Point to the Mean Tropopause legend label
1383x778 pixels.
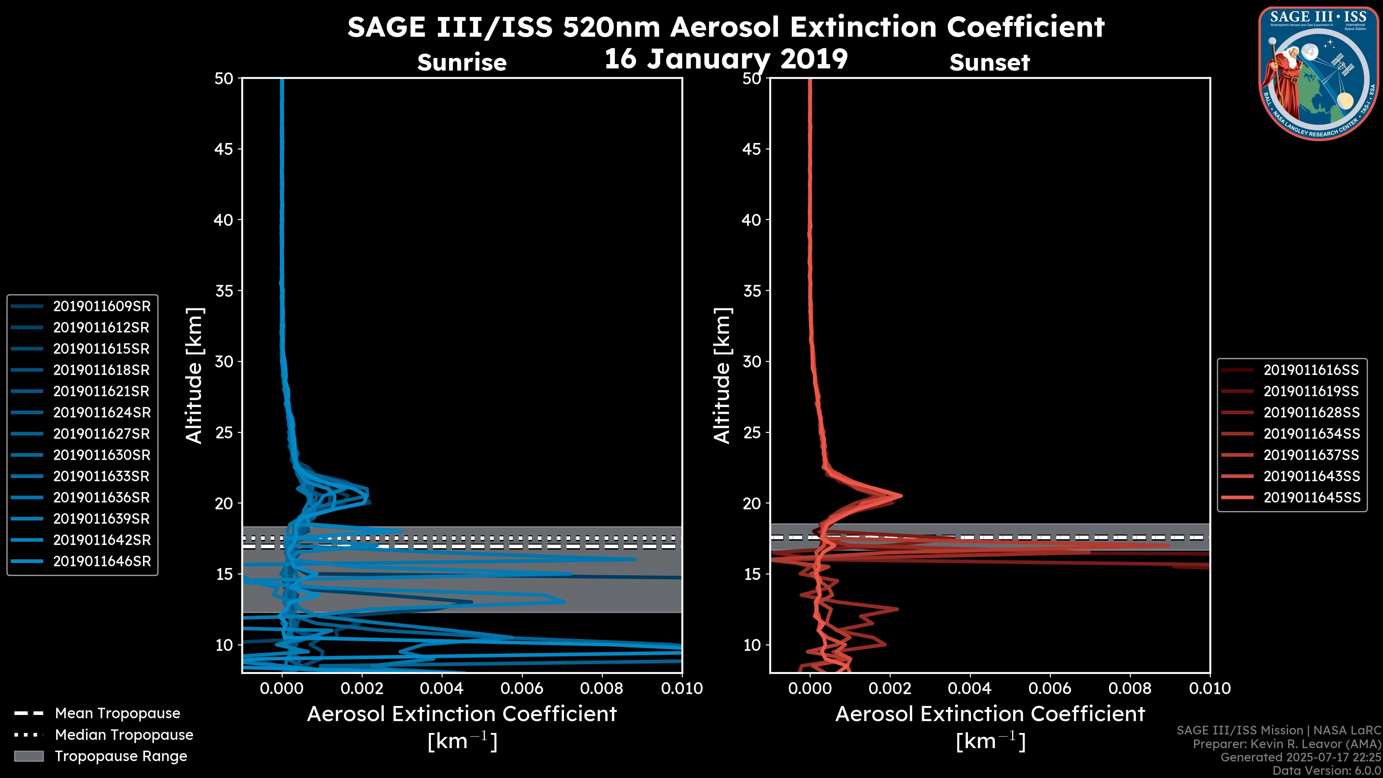(x=117, y=714)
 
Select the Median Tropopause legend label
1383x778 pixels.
(x=124, y=734)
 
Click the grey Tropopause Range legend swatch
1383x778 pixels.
(x=28, y=756)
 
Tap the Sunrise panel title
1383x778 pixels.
(x=462, y=62)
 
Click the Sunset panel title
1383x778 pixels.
(x=989, y=63)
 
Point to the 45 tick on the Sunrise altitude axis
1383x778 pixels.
(x=224, y=149)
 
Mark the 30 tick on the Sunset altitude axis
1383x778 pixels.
(x=752, y=361)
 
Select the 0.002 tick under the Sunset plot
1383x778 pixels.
(x=890, y=688)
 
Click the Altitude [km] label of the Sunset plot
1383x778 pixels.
(x=722, y=375)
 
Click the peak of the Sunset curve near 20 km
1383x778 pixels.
(x=901, y=495)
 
